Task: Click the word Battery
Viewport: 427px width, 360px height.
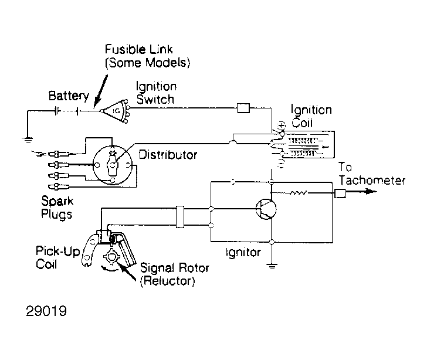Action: click(69, 96)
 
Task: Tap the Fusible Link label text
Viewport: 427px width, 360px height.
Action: click(147, 56)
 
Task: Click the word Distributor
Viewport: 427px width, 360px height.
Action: click(168, 155)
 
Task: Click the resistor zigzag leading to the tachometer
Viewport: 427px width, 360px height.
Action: click(298, 193)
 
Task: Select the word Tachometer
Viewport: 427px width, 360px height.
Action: click(372, 181)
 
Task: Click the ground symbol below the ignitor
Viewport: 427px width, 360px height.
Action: click(272, 266)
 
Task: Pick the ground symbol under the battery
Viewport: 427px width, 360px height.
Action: click(27, 140)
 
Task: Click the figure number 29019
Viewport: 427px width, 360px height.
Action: click(46, 311)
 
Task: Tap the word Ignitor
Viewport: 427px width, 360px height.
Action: click(243, 253)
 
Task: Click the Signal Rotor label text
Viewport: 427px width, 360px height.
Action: click(175, 274)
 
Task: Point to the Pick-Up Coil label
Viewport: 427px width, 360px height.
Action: click(57, 257)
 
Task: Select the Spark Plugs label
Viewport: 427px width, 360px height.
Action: click(57, 207)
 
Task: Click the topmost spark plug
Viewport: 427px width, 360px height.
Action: click(59, 154)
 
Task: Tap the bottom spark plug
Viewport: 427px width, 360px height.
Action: click(59, 187)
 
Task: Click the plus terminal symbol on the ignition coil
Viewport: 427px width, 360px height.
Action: click(282, 125)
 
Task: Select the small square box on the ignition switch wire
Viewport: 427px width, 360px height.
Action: click(243, 108)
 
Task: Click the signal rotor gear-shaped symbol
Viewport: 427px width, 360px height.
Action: click(111, 257)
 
